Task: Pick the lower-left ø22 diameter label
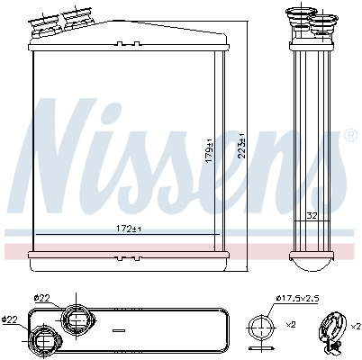pos(11,318)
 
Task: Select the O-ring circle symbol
pos(260,327)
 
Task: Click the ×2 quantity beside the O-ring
pos(290,325)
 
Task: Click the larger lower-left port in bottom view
pos(44,340)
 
